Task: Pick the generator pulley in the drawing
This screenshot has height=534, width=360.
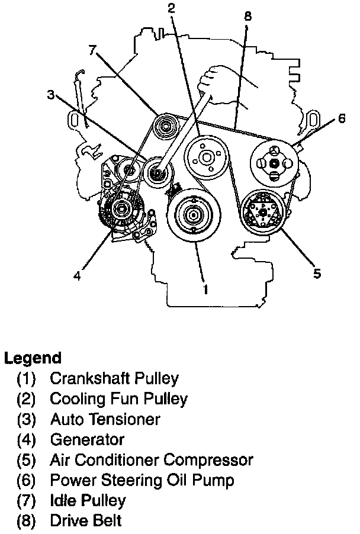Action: [122, 208]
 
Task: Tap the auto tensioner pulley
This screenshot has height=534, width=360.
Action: [157, 173]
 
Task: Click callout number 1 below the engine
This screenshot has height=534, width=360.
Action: [205, 289]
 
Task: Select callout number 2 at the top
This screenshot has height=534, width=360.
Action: [171, 8]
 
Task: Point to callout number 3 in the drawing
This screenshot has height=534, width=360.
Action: [52, 95]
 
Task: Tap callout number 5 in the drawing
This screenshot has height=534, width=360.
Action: [317, 273]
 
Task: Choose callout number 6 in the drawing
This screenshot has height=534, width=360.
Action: [342, 118]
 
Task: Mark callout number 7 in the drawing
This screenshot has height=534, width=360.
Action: [92, 50]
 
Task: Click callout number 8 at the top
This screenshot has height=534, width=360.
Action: [247, 16]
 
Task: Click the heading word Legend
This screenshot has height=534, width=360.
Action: [33, 358]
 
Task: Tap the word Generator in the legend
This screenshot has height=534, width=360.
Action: [87, 439]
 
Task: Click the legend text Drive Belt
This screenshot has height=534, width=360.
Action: [86, 522]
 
